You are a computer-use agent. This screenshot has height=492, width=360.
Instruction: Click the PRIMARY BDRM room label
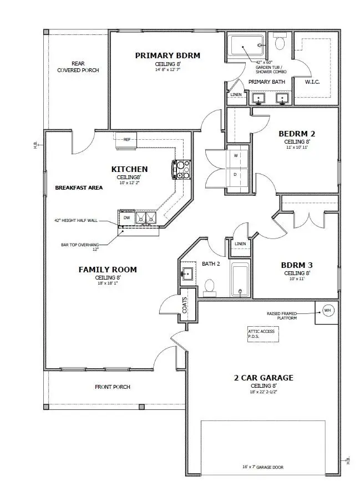pyautogui.click(x=168, y=55)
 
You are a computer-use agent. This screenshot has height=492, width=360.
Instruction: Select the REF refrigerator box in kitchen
pyautogui.click(x=126, y=140)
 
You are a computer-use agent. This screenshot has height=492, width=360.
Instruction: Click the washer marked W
pyautogui.click(x=236, y=156)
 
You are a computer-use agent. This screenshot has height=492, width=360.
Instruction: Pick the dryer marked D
pyautogui.click(x=236, y=174)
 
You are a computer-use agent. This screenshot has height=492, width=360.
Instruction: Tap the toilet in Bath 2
pyautogui.click(x=210, y=285)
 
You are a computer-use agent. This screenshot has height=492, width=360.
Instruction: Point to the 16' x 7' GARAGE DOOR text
pyautogui.click(x=263, y=467)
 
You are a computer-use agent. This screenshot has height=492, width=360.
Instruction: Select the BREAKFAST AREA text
pyautogui.click(x=79, y=187)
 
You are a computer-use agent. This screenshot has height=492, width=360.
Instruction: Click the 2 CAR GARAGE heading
pyautogui.click(x=263, y=378)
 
